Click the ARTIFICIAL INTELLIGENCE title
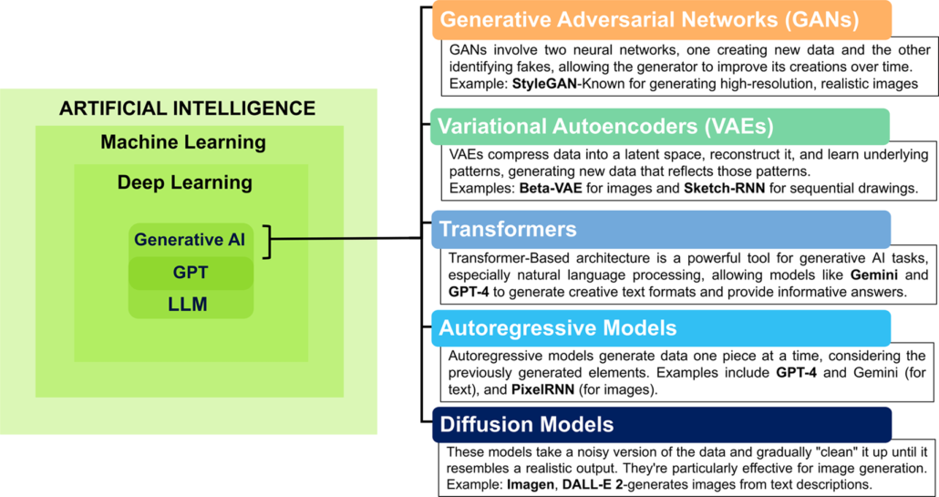[x=187, y=109]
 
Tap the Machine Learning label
[x=183, y=143]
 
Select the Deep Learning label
[x=184, y=182]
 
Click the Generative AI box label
[x=190, y=240]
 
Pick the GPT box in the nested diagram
[x=191, y=273]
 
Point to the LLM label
[x=188, y=305]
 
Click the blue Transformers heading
[x=661, y=229]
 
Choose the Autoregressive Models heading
[x=661, y=328]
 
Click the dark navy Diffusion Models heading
[x=661, y=425]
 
